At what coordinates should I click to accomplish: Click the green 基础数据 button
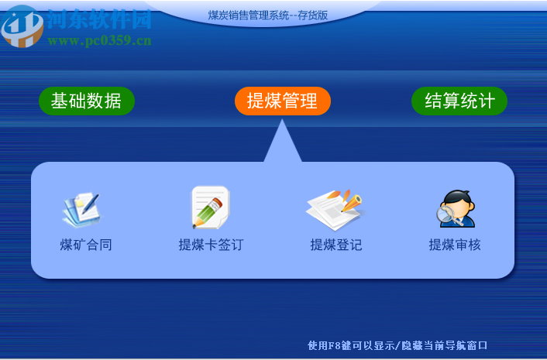[x=86, y=101]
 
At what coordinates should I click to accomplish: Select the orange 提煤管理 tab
[x=282, y=101]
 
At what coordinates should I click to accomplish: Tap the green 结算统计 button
[x=459, y=101]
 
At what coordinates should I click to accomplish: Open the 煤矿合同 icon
[x=81, y=208]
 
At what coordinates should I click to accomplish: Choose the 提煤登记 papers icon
[x=335, y=207]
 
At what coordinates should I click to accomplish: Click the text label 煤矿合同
[x=86, y=245]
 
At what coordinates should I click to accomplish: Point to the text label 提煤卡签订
[x=211, y=245]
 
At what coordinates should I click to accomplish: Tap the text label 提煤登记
[x=336, y=245]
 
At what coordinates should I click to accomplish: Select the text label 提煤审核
[x=455, y=245]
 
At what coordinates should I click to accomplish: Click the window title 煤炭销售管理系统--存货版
[x=268, y=15]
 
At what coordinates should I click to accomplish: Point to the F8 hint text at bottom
[x=397, y=345]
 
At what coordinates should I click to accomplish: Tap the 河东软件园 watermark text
[x=99, y=19]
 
